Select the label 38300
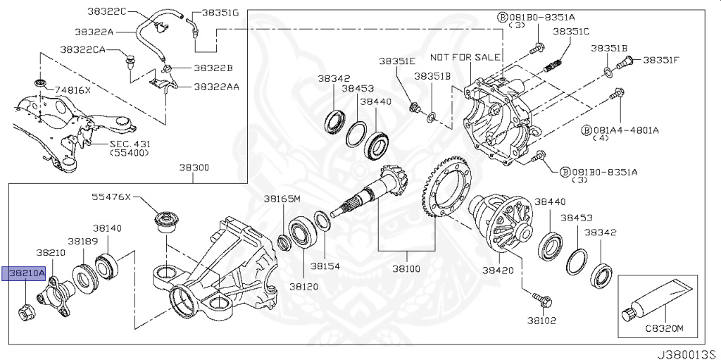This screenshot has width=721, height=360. click(194, 169)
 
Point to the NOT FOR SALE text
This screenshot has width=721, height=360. click(465, 56)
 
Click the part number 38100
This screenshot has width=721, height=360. click(406, 269)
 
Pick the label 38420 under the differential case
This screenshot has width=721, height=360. click(497, 270)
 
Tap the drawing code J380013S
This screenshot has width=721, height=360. click(688, 350)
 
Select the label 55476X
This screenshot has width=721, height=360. click(112, 197)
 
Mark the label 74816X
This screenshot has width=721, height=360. click(74, 91)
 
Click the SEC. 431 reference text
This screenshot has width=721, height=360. click(130, 144)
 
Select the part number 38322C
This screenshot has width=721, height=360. click(106, 12)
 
